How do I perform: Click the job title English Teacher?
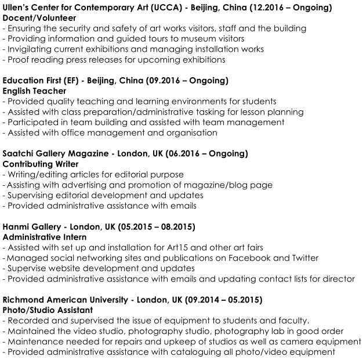tap(34, 91)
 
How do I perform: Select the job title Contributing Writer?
tap(41, 164)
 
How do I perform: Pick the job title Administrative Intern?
tap(45, 237)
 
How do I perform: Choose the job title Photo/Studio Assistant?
tap(46, 311)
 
